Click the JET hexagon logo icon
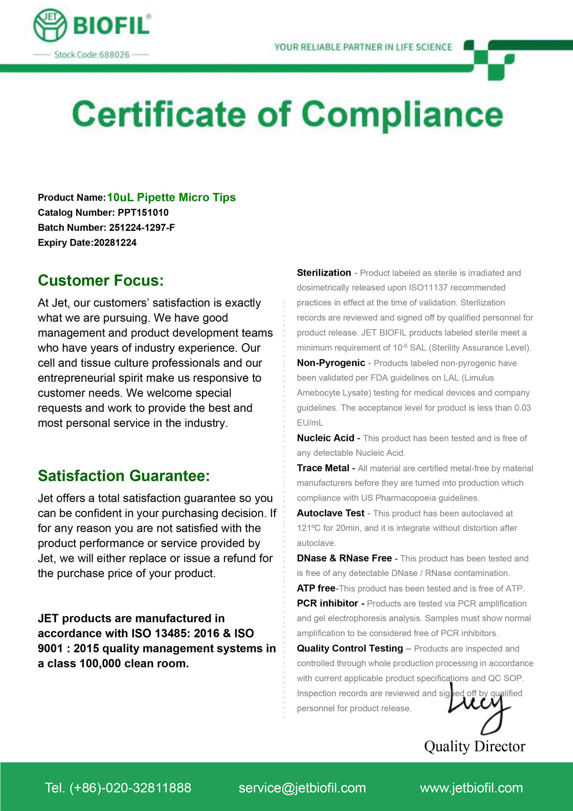coord(50,25)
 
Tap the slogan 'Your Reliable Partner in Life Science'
coord(363,47)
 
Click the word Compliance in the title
coord(402,115)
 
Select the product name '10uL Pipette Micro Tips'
coord(171,197)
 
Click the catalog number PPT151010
coord(143,213)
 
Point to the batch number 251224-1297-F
coord(142,227)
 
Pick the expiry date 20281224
coord(115,243)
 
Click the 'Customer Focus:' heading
coord(101,281)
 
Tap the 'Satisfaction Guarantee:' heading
coord(124,476)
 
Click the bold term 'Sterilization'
coord(324,273)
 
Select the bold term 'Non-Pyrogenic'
coord(331,363)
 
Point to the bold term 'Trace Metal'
coord(323,468)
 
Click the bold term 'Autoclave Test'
coord(330,513)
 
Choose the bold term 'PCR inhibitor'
coord(328,603)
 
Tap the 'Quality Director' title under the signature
coord(475,746)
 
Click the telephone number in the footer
coord(118,788)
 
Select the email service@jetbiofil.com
coord(302,788)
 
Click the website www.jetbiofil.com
coord(471,788)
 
